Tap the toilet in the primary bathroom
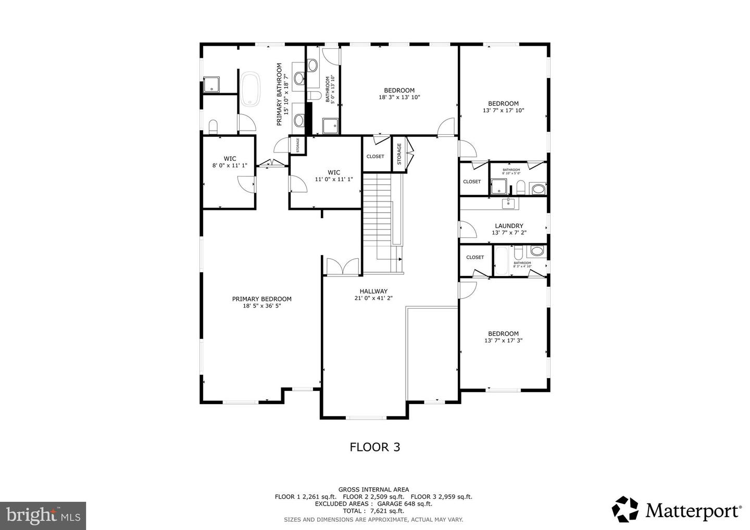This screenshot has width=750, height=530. click(x=213, y=127)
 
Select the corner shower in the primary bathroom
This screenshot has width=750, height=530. click(x=211, y=84)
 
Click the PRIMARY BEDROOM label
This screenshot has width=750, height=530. click(x=261, y=299)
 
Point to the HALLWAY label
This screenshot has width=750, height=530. click(x=373, y=292)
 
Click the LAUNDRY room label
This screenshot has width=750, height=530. click(x=509, y=226)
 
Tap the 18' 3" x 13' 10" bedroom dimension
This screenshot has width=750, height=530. click(x=399, y=97)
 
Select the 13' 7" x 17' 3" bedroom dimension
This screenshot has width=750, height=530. click(x=503, y=340)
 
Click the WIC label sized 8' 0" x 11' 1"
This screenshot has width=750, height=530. click(x=230, y=159)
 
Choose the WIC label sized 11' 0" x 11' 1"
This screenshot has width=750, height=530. click(x=334, y=172)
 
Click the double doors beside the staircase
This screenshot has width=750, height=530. click(x=342, y=266)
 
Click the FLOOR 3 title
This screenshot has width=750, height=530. click(x=374, y=447)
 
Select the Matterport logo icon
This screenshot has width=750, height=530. click(x=625, y=509)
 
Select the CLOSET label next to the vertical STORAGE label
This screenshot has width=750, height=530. click(x=375, y=156)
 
